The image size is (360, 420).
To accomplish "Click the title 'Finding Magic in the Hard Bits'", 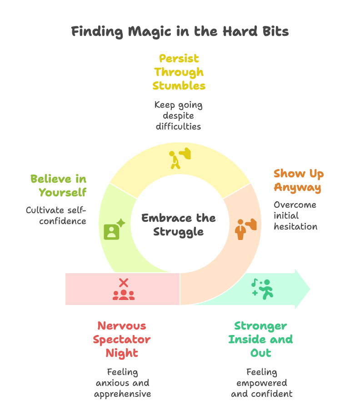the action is point(180,32).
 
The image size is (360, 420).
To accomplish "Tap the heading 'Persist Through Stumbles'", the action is point(179,72).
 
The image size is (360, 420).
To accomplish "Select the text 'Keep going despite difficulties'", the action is point(178,115).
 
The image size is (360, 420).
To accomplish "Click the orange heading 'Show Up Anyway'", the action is point(298,180).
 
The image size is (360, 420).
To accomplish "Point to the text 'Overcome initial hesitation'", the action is point(295,215).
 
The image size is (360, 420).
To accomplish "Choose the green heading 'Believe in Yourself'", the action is point(58,185).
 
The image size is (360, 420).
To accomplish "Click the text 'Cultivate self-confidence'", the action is point(56,215).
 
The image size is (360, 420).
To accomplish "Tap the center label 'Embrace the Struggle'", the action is point(179,225).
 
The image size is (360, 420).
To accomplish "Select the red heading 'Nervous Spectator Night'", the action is point(122,339).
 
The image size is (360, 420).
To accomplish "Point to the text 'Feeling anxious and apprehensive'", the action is point(122,383).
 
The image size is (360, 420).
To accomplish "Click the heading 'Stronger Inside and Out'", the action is point(260,339).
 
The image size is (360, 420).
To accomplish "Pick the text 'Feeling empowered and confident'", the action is point(261,383).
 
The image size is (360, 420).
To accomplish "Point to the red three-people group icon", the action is point(124,295).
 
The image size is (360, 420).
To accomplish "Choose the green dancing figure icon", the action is point(262,288).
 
